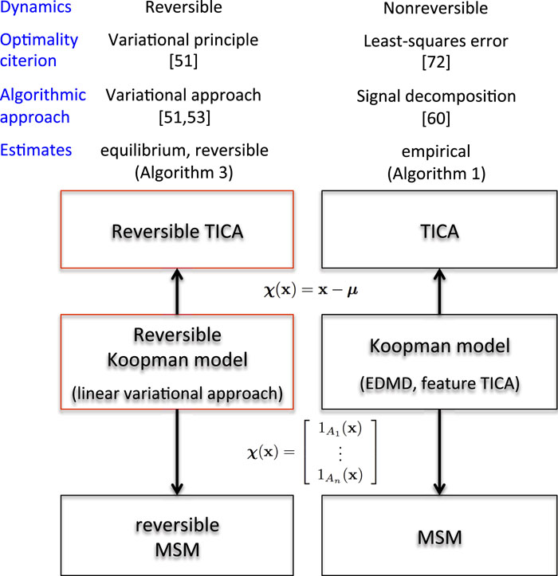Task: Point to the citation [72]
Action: click(435, 61)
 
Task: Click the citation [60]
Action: click(435, 116)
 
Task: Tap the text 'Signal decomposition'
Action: click(435, 97)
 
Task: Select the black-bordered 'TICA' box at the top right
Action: click(435, 232)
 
